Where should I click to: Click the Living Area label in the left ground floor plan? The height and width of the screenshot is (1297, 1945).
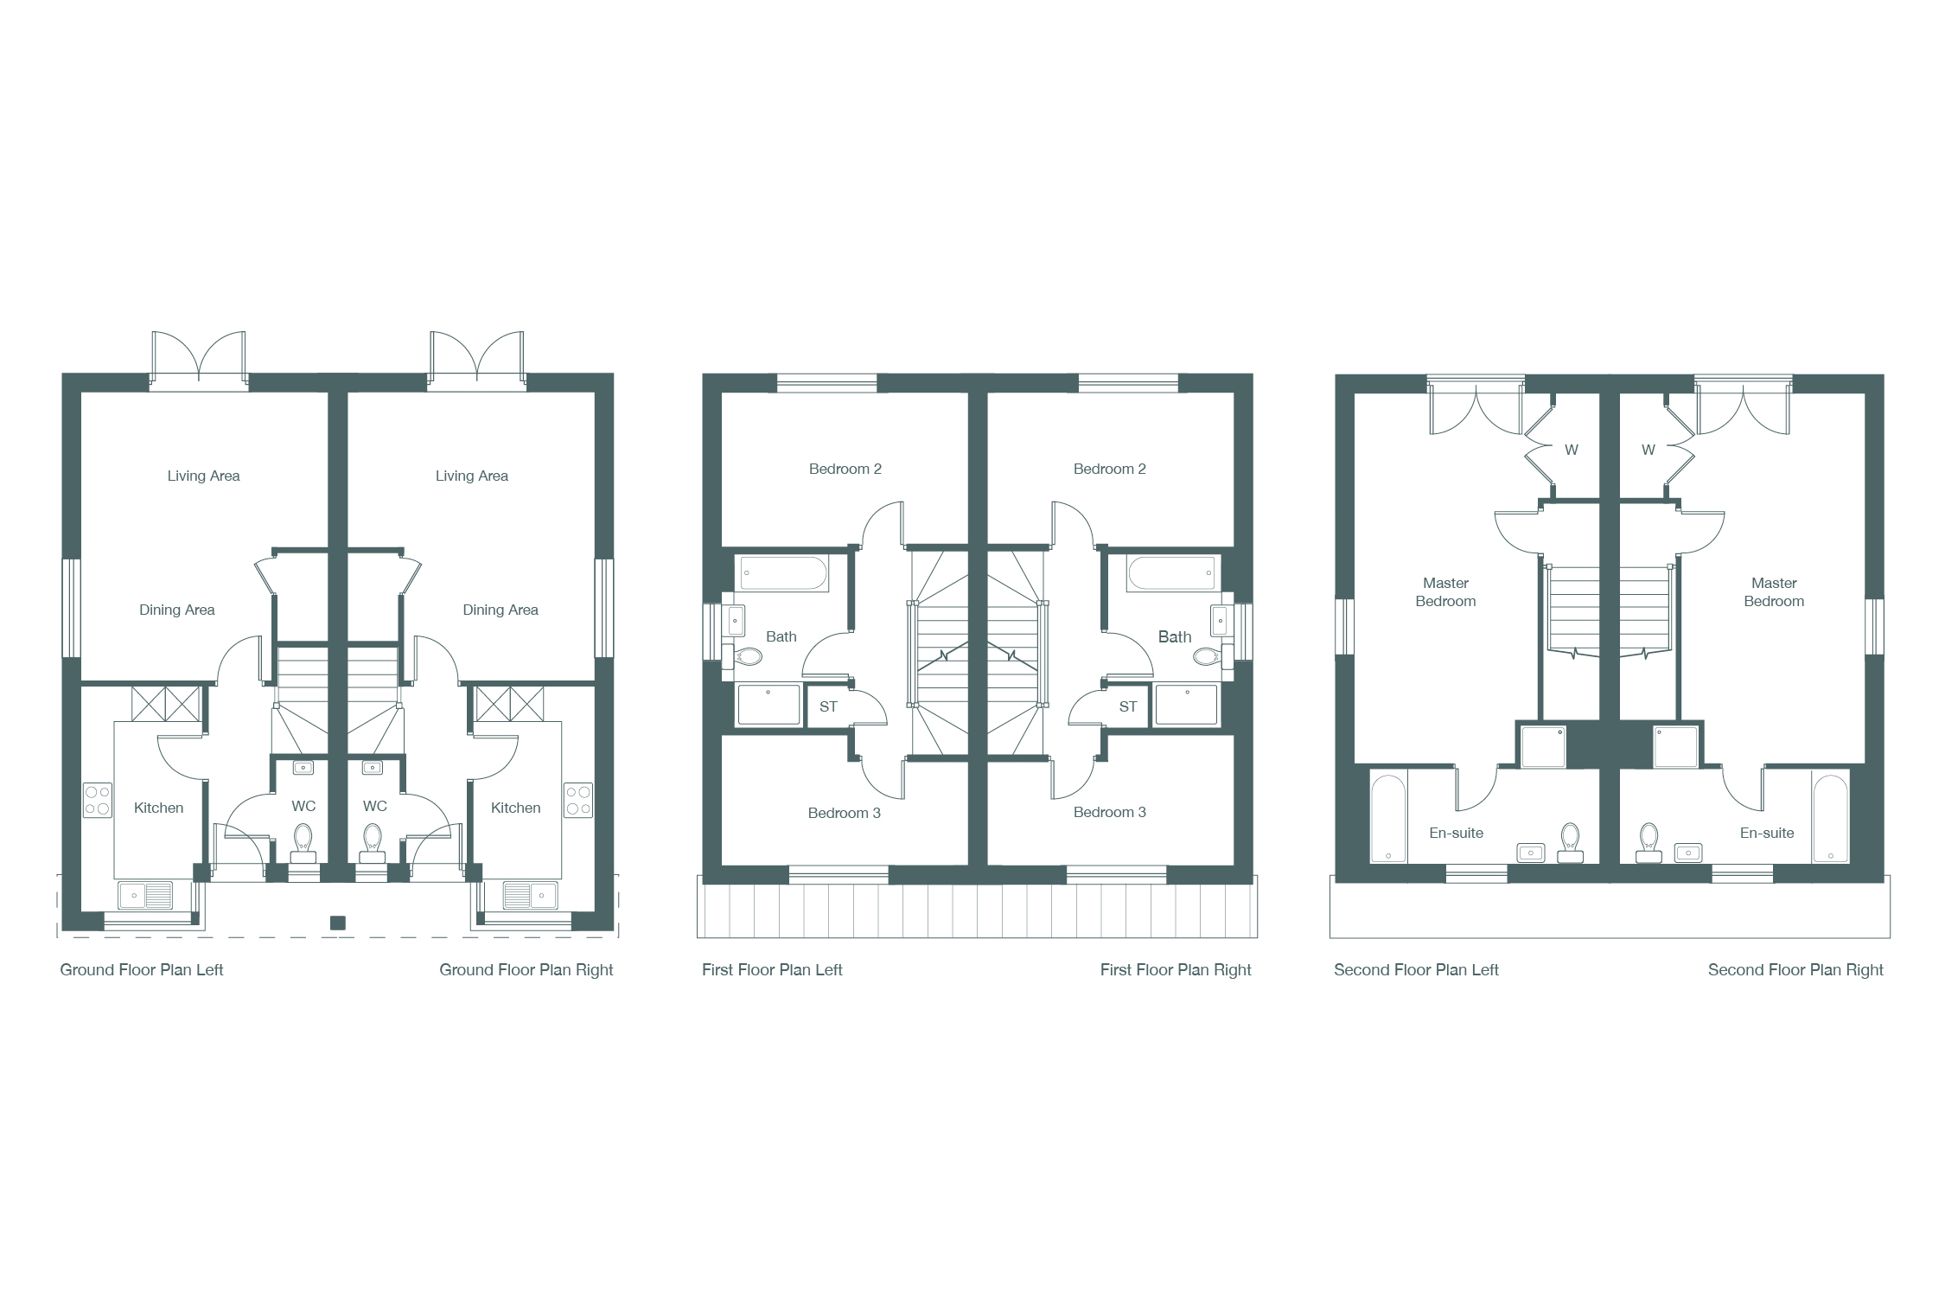click(203, 476)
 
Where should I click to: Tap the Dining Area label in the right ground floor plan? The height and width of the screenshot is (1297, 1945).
click(501, 610)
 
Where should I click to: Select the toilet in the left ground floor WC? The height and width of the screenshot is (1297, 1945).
click(303, 843)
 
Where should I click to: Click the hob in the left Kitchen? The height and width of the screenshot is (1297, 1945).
click(98, 800)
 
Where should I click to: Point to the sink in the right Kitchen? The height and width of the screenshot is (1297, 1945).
click(529, 895)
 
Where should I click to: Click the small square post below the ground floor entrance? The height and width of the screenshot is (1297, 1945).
click(338, 923)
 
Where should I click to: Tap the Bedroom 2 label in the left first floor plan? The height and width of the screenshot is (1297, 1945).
click(845, 470)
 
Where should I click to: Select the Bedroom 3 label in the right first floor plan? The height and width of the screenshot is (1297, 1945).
click(1110, 813)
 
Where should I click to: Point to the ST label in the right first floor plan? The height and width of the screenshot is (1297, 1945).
click(1128, 707)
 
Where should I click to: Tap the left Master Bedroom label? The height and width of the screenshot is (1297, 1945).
click(1445, 592)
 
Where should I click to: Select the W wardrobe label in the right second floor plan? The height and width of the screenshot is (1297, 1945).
click(1648, 450)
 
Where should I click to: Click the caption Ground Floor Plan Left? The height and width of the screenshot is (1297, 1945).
click(142, 970)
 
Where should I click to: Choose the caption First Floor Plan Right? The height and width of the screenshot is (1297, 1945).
click(1176, 970)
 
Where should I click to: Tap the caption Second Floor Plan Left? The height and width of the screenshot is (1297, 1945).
click(1416, 970)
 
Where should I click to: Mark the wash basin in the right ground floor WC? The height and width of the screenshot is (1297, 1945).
click(373, 768)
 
